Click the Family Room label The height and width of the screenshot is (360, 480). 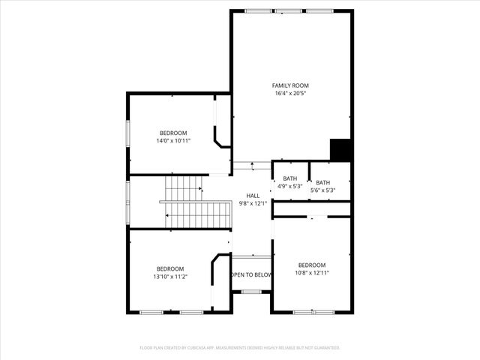click(290, 85)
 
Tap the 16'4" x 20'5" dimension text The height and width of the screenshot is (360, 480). click(290, 94)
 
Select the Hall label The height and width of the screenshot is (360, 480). click(253, 195)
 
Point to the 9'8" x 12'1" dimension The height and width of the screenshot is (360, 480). click(253, 203)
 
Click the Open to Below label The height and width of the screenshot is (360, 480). click(251, 275)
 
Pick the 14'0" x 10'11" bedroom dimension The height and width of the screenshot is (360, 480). click(173, 140)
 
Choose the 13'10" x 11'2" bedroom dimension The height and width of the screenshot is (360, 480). click(170, 277)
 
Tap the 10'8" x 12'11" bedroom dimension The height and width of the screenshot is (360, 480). click(312, 272)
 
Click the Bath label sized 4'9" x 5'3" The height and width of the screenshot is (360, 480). click(289, 178)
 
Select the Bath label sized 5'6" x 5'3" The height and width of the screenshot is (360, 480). click(322, 182)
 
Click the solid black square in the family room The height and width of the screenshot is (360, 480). click(341, 150)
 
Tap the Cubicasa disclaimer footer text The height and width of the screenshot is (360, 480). click(240, 348)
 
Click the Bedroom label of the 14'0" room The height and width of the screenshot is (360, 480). click(173, 133)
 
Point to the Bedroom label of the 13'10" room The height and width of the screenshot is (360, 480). click(170, 268)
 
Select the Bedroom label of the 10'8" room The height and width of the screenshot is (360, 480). click(312, 265)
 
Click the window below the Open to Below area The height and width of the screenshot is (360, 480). click(251, 292)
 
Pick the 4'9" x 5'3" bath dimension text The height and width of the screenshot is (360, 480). click(289, 187)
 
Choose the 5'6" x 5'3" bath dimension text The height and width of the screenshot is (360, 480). click(322, 190)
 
